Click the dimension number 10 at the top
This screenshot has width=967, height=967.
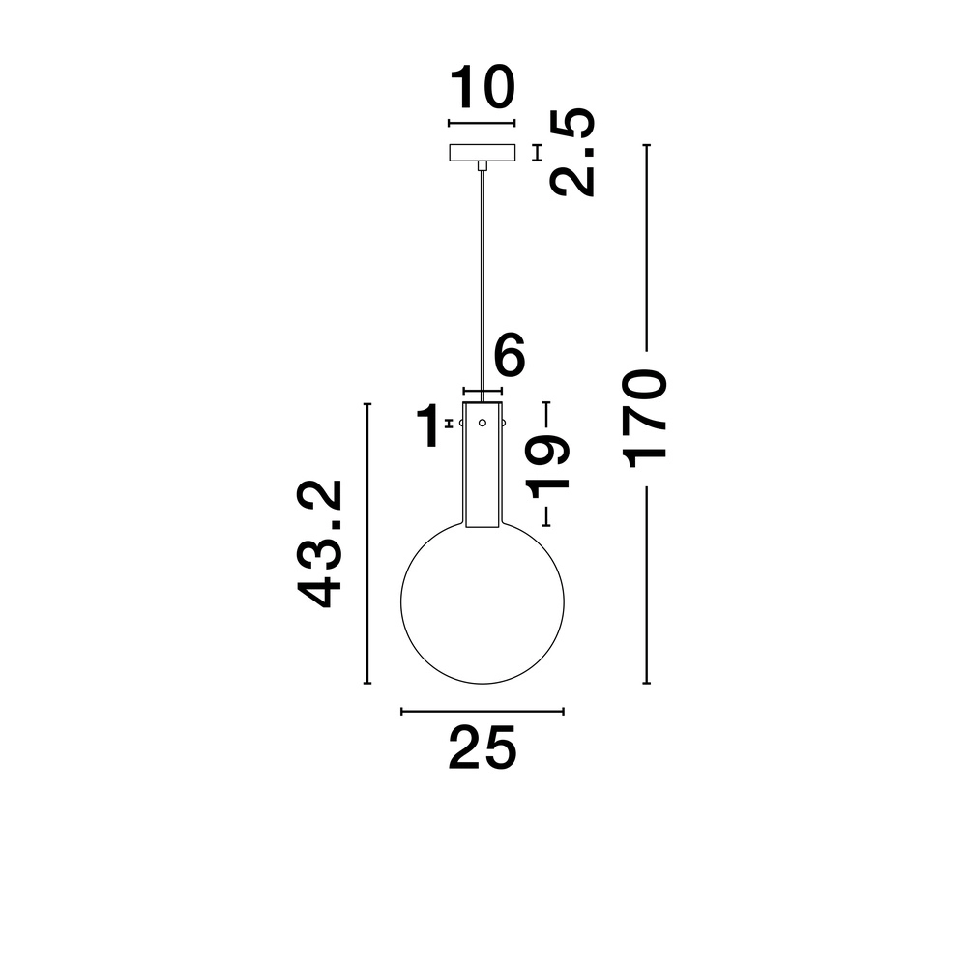(x=482, y=89)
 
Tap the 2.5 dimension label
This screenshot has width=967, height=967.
(x=571, y=153)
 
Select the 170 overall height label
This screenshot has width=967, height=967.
(x=646, y=417)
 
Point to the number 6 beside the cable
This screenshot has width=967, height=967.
(x=509, y=357)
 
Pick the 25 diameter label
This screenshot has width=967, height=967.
(x=482, y=748)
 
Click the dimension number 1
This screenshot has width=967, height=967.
(x=427, y=426)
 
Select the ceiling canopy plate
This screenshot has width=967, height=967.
(x=482, y=153)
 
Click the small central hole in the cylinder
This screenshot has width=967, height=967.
(x=482, y=423)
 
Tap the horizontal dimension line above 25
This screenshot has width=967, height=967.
(x=482, y=712)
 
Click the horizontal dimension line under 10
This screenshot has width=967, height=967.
(x=482, y=123)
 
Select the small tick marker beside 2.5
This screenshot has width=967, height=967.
(x=538, y=153)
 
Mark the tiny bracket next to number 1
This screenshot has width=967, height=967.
(x=449, y=424)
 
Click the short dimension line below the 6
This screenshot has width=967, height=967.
(x=482, y=391)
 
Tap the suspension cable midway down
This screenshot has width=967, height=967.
(x=482, y=280)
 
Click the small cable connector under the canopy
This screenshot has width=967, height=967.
(x=482, y=166)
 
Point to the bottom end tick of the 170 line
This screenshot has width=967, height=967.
(x=646, y=683)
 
